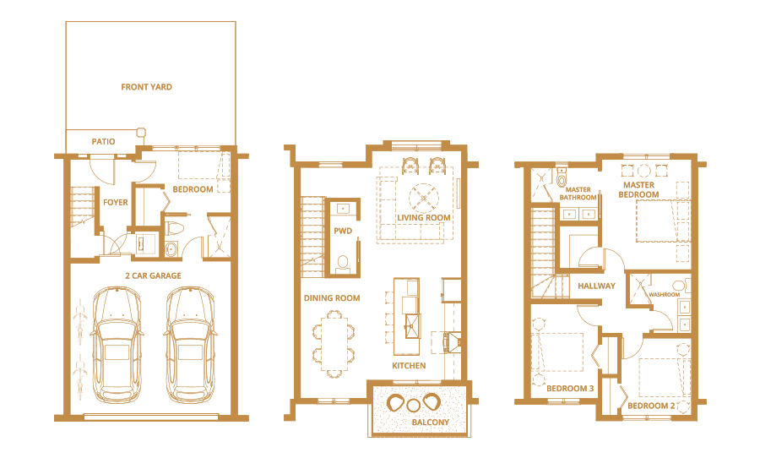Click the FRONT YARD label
(146, 87)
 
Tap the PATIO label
(103, 142)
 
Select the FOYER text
(116, 202)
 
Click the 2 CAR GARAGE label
(153, 275)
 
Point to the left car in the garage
(117, 345)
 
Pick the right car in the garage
(191, 345)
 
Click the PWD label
(343, 231)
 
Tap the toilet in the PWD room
(343, 264)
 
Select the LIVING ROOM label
(424, 218)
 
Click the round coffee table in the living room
(424, 198)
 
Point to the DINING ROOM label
(332, 298)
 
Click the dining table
(334, 344)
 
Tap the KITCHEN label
(409, 366)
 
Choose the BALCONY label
(431, 423)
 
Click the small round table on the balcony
(413, 405)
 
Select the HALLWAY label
(597, 286)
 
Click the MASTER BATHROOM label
(578, 194)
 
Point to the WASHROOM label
(664, 295)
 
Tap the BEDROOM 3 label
(570, 388)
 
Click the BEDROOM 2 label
(651, 406)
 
